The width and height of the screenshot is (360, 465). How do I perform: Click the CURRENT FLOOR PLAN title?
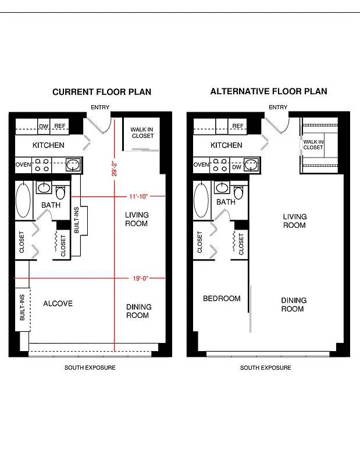102,92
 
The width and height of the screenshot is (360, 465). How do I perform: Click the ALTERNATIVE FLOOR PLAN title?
269,91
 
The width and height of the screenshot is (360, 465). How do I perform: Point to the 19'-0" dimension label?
141,278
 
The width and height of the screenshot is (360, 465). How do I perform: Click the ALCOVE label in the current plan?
58,303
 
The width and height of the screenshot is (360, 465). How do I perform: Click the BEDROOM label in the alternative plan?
222,299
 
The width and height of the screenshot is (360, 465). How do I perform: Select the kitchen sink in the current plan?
73,165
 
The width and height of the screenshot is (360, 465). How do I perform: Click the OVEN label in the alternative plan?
201,165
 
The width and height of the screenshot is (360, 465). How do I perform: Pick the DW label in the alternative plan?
236,167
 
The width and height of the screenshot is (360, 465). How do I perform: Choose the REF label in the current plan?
60,126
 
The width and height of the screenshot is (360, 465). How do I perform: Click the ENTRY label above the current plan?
100,108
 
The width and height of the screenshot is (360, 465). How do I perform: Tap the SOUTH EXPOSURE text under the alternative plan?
266,368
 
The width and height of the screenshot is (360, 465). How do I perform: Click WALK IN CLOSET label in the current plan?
142,133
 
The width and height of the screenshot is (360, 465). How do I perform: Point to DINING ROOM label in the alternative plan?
294,305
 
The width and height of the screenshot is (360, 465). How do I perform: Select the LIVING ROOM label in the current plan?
137,219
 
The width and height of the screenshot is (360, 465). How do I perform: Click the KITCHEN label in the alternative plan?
226,145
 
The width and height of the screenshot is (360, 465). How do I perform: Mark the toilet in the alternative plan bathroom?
238,192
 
